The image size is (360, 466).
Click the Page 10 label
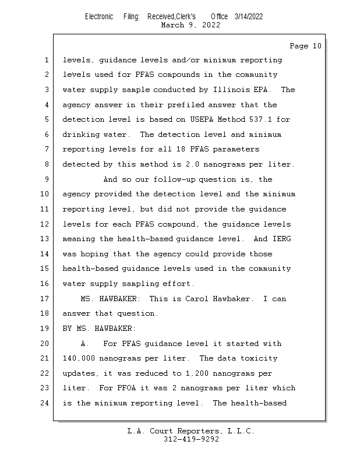click(305, 46)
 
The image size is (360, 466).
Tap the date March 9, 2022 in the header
click(190, 25)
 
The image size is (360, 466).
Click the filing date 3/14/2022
click(249, 16)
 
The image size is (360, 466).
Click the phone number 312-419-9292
click(191, 439)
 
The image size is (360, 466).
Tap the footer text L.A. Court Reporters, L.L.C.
click(191, 431)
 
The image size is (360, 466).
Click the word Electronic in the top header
click(99, 16)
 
